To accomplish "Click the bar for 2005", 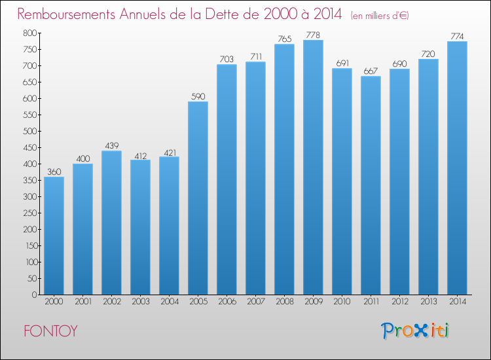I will pyautogui.click(x=198, y=198).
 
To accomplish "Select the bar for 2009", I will pyautogui.click(x=313, y=167).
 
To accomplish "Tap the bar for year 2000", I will pyautogui.click(x=54, y=236).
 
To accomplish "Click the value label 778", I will pyautogui.click(x=313, y=35).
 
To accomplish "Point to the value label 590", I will pyautogui.click(x=198, y=96).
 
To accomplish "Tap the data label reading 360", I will pyautogui.click(x=54, y=171).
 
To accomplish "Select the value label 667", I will pyautogui.click(x=371, y=71).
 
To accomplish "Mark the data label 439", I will pyautogui.click(x=111, y=145).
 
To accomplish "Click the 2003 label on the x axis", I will pyautogui.click(x=140, y=302).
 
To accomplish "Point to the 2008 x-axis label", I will pyautogui.click(x=284, y=302).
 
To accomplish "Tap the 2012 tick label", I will pyautogui.click(x=399, y=302).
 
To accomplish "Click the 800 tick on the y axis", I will pyautogui.click(x=28, y=33).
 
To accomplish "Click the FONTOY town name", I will pyautogui.click(x=50, y=331).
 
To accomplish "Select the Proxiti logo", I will pyautogui.click(x=416, y=331).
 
